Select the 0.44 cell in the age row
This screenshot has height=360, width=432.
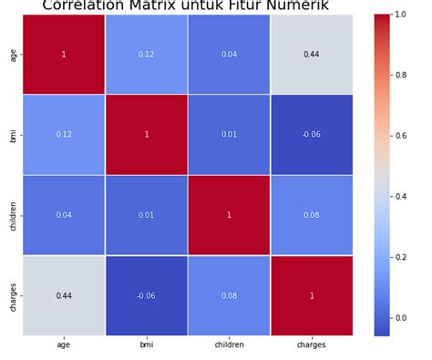312,55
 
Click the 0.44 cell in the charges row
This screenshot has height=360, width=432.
64,296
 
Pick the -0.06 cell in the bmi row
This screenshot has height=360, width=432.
312,135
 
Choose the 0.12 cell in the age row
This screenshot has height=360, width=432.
147,55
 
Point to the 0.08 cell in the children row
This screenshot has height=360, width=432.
312,215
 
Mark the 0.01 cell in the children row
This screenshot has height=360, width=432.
147,215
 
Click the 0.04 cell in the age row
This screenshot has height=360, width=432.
229,55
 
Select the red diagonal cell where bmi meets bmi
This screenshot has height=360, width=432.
147,135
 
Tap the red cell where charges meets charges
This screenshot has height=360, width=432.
312,296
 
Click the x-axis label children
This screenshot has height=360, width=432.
229,345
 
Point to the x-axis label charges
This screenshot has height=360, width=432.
312,345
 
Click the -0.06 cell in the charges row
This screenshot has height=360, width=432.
147,296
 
